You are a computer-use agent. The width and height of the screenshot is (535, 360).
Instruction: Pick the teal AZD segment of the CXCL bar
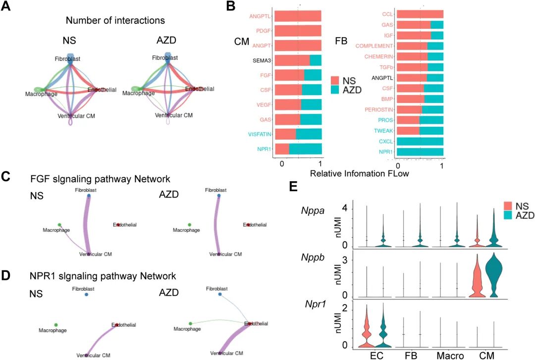click(420, 141)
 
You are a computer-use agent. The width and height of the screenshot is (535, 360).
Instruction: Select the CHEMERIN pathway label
click(379, 56)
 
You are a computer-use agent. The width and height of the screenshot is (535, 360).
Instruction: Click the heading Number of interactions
click(115, 21)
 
